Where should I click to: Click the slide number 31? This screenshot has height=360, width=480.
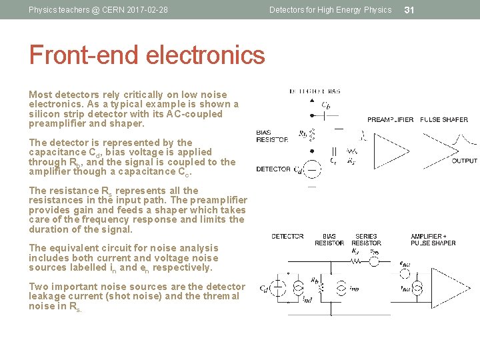[410, 9]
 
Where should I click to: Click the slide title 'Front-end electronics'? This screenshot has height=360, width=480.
[147, 55]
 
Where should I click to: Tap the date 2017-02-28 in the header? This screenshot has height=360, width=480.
[146, 10]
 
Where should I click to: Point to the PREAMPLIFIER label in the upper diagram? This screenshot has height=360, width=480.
[391, 120]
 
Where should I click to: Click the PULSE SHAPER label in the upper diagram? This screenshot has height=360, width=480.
[444, 120]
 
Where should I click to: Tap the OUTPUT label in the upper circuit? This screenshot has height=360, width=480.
[464, 161]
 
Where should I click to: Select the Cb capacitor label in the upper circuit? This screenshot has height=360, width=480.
[326, 104]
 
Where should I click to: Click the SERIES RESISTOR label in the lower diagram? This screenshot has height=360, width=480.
[366, 240]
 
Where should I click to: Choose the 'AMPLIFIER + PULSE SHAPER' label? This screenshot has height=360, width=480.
[433, 240]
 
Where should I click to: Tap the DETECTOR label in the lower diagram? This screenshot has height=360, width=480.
[287, 236]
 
